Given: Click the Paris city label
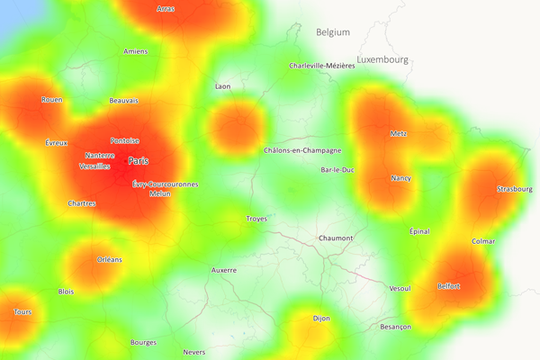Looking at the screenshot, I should click(x=138, y=161).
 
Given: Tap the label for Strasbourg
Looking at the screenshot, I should click(x=515, y=189).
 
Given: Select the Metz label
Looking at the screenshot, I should click(x=399, y=133).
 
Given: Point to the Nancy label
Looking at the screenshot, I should click(x=400, y=178).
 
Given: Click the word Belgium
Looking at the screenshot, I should click(x=332, y=32).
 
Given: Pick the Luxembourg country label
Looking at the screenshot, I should click(x=382, y=59).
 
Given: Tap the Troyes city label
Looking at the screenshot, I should click(x=256, y=219).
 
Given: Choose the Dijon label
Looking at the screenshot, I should click(x=321, y=319).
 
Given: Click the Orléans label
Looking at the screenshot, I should click(x=110, y=259).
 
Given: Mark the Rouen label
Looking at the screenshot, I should click(x=52, y=100).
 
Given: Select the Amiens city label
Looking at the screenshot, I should click(x=135, y=51).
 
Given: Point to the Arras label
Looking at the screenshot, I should click(x=166, y=9).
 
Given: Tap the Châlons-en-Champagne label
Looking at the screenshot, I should click(x=302, y=150).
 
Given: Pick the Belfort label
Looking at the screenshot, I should click(x=449, y=286).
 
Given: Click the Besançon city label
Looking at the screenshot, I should click(x=396, y=327).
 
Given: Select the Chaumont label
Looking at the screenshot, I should click(x=336, y=238).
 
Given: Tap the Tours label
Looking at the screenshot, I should click(x=22, y=312).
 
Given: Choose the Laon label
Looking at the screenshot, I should click(x=223, y=86).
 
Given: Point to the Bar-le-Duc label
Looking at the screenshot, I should click(x=338, y=169).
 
